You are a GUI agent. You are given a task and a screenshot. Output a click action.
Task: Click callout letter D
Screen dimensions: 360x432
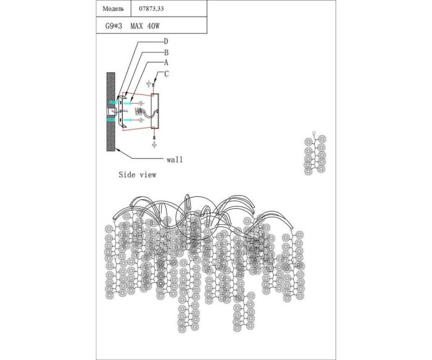(166, 41)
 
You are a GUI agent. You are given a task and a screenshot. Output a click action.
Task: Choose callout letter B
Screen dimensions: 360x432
(166, 52)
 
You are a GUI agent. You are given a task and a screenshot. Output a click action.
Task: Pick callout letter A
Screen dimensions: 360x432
(166, 63)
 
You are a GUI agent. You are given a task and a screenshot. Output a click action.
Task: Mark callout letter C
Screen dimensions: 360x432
(166, 74)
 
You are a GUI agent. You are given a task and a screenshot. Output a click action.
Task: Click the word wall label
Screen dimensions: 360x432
(175, 159)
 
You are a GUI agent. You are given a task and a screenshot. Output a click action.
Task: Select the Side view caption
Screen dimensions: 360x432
(137, 175)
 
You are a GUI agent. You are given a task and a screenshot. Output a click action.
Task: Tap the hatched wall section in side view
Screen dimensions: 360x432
(111, 111)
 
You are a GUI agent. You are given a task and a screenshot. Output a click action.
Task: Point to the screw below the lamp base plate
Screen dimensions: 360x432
(153, 143)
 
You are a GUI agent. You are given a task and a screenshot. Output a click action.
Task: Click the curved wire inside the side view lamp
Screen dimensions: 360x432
(146, 115)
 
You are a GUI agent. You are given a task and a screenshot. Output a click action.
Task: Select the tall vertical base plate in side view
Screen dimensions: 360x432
(155, 112)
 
